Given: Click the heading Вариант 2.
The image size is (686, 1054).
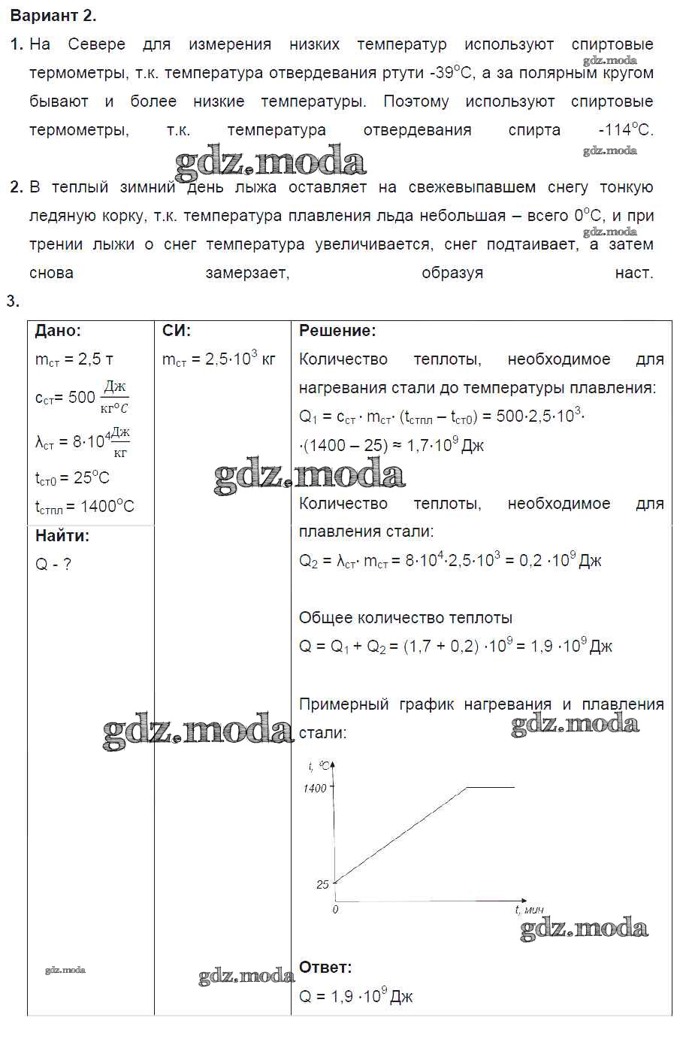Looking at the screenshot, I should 53,16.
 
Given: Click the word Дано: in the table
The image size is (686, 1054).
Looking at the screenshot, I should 58,331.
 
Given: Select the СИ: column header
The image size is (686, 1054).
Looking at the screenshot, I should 177,331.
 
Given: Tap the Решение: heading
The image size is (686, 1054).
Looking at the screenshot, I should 337,331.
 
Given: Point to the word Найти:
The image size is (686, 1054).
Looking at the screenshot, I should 62,536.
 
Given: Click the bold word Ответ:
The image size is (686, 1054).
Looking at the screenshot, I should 325,968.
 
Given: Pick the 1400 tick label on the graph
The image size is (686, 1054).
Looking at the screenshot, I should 315,789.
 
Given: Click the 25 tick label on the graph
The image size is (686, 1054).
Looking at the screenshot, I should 322,885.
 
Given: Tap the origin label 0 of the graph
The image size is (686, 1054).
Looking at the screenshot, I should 335,910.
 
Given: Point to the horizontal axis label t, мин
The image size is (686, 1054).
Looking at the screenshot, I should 529,910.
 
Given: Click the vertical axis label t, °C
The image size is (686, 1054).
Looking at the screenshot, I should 319,766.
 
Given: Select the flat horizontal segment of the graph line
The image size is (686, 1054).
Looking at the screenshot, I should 491,787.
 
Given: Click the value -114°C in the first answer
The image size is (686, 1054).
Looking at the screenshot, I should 626,129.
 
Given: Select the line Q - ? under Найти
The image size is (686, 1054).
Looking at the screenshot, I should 53,565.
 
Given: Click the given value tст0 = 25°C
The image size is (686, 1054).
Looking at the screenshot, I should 72,478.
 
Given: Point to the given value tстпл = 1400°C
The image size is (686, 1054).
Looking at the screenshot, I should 84,507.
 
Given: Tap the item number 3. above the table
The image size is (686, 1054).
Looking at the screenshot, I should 13,302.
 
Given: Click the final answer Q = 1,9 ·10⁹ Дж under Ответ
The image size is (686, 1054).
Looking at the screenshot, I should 356,997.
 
